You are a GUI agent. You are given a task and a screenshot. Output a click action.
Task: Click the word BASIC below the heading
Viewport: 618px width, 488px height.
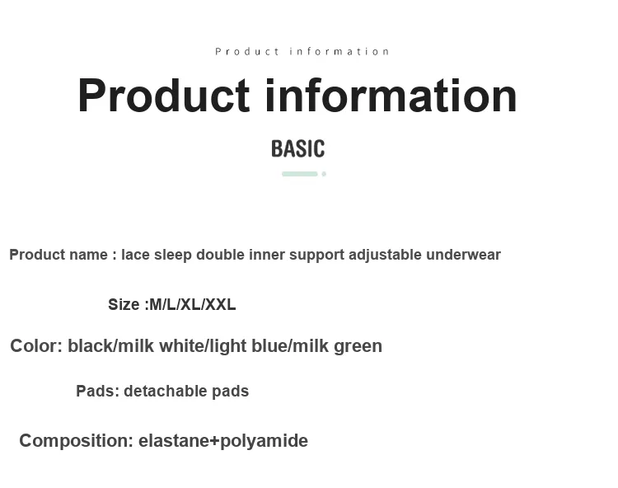pos(298,148)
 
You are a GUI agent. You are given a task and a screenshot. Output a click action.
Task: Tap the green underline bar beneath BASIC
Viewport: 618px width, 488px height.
pos(300,174)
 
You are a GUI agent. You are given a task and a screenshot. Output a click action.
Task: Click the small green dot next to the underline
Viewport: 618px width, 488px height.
pos(324,174)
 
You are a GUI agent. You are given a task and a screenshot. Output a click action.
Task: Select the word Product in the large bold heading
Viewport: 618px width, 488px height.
pos(164,96)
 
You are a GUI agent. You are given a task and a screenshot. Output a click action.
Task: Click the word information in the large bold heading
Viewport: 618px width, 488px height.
pos(391,96)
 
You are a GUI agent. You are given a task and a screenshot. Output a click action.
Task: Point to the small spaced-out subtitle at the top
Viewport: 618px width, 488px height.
pos(302,52)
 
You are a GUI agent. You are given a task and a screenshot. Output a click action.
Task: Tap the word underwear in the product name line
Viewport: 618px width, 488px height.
pos(463,255)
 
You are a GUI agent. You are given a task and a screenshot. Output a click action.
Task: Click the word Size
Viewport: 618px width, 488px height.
pos(124,305)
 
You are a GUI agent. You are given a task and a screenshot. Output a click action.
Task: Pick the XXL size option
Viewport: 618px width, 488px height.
pos(221,305)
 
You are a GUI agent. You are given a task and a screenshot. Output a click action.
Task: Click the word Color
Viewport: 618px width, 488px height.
pos(35,345)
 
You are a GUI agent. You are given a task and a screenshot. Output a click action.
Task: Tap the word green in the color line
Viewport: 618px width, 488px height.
pos(358,347)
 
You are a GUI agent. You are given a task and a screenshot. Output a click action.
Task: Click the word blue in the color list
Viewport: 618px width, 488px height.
pos(269,345)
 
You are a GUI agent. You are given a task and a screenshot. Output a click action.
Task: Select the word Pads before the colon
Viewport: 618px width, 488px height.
pos(96,391)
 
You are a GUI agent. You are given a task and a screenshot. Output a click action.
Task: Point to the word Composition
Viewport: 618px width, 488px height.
pos(73,441)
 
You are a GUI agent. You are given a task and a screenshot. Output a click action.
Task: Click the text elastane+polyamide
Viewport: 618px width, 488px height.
pos(223,441)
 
